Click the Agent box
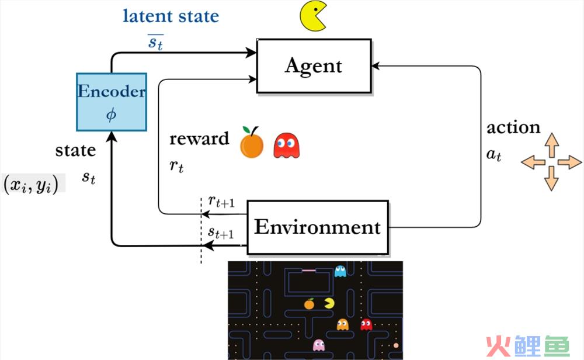[x=314, y=66]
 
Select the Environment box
[x=318, y=227]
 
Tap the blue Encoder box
[x=112, y=102]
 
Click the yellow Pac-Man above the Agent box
[x=314, y=16]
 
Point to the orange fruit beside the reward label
[x=252, y=143]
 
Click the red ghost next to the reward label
[x=286, y=146]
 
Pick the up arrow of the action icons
[x=552, y=145]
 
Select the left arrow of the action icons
[x=533, y=162]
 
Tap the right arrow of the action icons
[x=569, y=162]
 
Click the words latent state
[x=171, y=16]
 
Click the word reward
[x=199, y=139]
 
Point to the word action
[x=513, y=127]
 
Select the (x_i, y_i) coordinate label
[x=31, y=184]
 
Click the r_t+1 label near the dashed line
[x=221, y=202]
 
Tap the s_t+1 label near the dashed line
[x=221, y=233]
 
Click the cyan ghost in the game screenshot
[x=340, y=271]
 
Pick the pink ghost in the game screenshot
[x=319, y=345]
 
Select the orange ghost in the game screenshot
[x=343, y=324]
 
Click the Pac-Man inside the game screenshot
[x=329, y=303]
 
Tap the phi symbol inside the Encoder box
[x=112, y=115]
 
